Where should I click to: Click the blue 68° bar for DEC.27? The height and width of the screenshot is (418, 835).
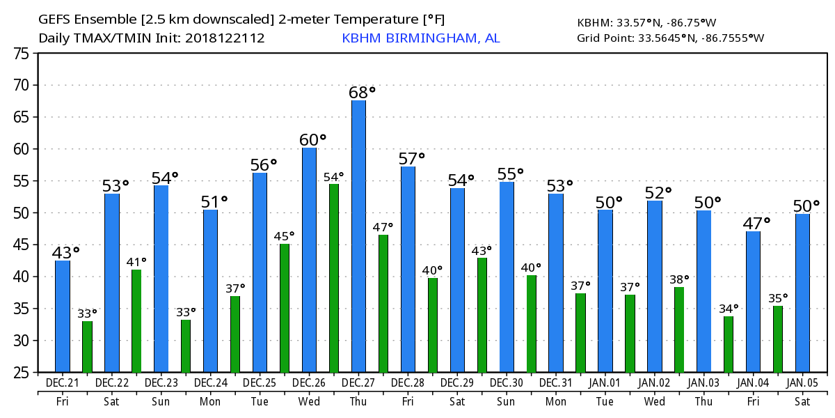pyautogui.click(x=358, y=236)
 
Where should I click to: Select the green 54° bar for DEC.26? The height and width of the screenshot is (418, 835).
pyautogui.click(x=334, y=278)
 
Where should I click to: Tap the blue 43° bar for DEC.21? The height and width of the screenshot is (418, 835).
pyautogui.click(x=63, y=316)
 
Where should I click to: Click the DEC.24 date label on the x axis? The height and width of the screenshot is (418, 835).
pyautogui.click(x=210, y=383)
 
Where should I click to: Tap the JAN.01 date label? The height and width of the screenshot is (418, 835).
pyautogui.click(x=605, y=383)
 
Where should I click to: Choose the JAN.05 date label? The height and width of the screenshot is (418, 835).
pyautogui.click(x=802, y=383)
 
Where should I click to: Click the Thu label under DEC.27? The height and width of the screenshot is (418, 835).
pyautogui.click(x=358, y=402)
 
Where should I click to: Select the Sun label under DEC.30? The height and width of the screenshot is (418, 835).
pyautogui.click(x=507, y=402)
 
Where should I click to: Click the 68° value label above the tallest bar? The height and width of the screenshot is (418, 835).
pyautogui.click(x=362, y=92)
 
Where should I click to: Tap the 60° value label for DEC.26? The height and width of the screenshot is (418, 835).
pyautogui.click(x=312, y=140)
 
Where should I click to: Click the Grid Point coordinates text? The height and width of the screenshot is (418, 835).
pyautogui.click(x=670, y=38)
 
